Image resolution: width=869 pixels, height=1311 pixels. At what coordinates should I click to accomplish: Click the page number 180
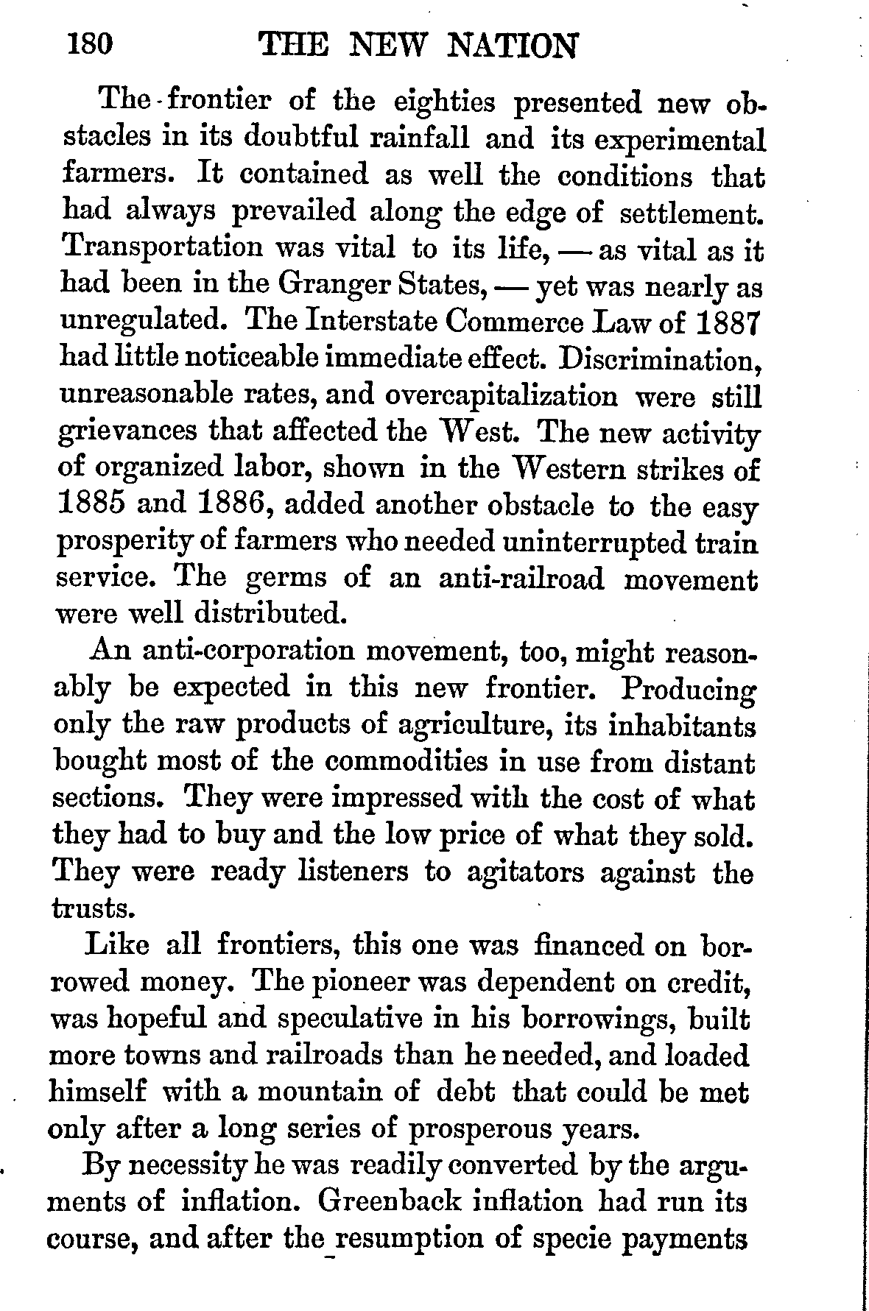click(89, 46)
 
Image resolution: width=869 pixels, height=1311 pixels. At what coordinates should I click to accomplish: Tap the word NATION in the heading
click(513, 48)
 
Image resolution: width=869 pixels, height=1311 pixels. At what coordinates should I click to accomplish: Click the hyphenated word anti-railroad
click(521, 579)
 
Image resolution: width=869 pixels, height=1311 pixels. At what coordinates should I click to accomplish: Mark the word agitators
click(524, 873)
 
